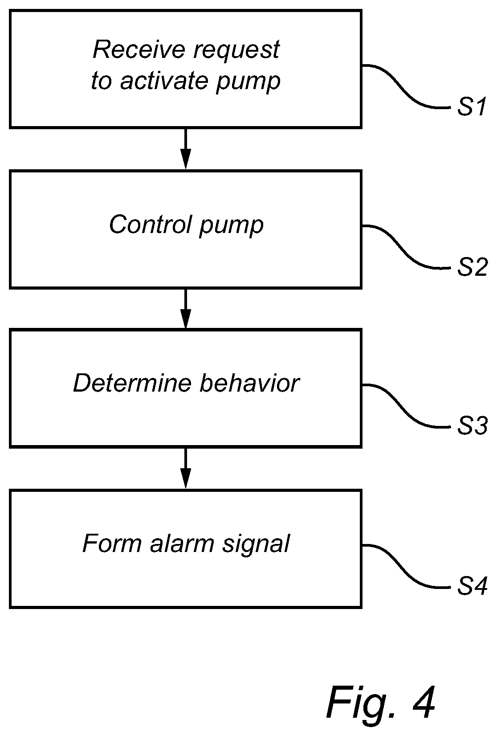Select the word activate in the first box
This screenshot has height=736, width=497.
tap(163, 81)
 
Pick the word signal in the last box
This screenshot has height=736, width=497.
tap(256, 545)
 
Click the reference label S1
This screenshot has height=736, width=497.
tap(471, 107)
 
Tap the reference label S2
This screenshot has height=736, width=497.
tap(472, 267)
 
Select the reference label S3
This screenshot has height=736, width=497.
tap(472, 426)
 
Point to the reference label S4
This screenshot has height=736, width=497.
tap(472, 586)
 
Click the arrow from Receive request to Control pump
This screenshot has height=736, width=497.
tap(186, 148)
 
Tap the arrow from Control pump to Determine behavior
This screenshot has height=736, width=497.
tap(186, 309)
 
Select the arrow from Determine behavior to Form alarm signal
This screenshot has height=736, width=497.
tap(186, 468)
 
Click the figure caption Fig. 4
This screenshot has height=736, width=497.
tap(380, 703)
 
